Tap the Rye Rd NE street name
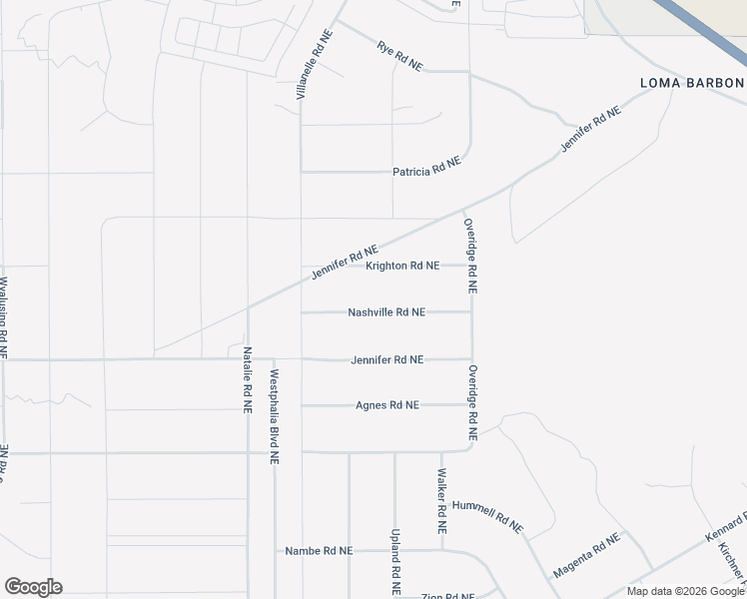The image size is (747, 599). tap(400, 55)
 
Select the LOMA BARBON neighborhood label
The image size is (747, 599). tap(692, 83)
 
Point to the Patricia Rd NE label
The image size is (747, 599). tap(426, 172)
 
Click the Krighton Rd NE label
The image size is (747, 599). tap(402, 266)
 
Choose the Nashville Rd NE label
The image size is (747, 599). tap(386, 312)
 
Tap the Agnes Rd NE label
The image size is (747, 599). tap(387, 405)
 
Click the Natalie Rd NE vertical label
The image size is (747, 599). tap(247, 380)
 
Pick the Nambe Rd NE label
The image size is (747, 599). tap(319, 550)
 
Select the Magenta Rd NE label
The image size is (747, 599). tap(586, 555)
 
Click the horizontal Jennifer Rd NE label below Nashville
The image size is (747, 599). tap(387, 359)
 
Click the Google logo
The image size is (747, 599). tap(33, 587)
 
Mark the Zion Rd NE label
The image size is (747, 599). tap(446, 596)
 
